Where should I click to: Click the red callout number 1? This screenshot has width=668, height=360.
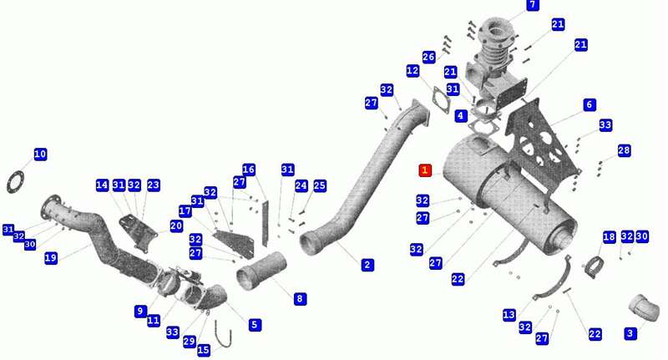pyautogui.click(x=425, y=170)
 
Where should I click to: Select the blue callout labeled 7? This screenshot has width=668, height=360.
pyautogui.click(x=533, y=5)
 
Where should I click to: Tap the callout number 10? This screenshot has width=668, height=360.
pyautogui.click(x=40, y=154)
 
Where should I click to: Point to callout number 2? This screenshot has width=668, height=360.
pyautogui.click(x=367, y=265)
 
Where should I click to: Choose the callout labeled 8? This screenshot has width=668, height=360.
pyautogui.click(x=300, y=299)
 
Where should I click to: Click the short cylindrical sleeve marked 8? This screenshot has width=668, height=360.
pyautogui.click(x=261, y=271)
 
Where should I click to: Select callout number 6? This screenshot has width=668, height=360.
pyautogui.click(x=590, y=104)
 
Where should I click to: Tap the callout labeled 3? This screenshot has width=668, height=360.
pyautogui.click(x=630, y=332)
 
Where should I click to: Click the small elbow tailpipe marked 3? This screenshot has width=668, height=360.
pyautogui.click(x=644, y=307)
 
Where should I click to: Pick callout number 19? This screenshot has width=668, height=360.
pyautogui.click(x=51, y=257)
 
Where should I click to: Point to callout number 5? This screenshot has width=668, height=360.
pyautogui.click(x=255, y=325)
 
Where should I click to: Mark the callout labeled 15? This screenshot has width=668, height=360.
pyautogui.click(x=204, y=350)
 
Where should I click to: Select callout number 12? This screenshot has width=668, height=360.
pyautogui.click(x=412, y=71)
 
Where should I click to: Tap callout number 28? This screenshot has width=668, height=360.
pyautogui.click(x=624, y=150)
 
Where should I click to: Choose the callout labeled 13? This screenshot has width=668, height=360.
pyautogui.click(x=509, y=314)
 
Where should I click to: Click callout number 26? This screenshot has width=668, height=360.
pyautogui.click(x=428, y=57)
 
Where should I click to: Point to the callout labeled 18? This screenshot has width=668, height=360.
pyautogui.click(x=610, y=237)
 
